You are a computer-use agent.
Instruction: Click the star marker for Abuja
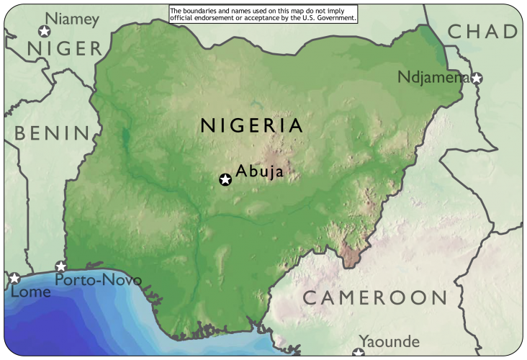tap(225, 179)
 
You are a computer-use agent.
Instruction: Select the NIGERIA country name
tap(252, 125)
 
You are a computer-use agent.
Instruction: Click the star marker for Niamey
tap(45, 31)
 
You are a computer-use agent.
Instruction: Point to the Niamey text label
tap(71, 19)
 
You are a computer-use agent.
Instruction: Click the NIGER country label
tap(65, 49)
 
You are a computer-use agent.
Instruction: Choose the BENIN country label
tap(52, 133)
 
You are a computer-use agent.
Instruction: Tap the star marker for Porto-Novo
tap(61, 266)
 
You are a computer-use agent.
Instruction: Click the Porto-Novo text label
tap(98, 280)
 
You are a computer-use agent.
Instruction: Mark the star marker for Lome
tap(14, 278)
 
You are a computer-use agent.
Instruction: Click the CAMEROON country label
tap(374, 297)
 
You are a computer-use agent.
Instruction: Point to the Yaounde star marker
tap(359, 353)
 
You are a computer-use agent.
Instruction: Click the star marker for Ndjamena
tap(476, 78)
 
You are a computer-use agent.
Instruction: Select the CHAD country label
tap(482, 32)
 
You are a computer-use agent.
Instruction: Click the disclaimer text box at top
tap(263, 14)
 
